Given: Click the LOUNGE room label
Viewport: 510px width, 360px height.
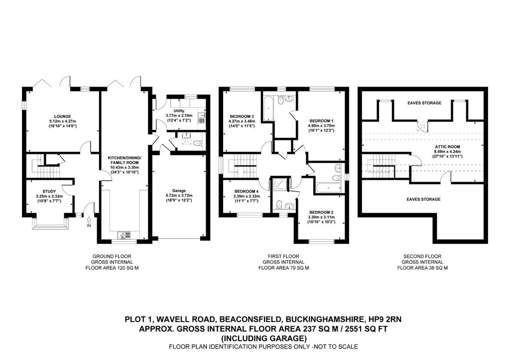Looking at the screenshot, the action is point(62,117).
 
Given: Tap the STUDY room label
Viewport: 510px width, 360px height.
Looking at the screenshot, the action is point(49,192).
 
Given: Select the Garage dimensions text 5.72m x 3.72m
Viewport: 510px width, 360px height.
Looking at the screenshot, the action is point(179,196).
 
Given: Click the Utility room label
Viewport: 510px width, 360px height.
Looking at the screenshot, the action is point(179,111).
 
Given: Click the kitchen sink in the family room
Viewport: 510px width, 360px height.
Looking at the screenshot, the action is point(124,235).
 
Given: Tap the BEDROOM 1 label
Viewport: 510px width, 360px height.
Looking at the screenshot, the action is point(321,120).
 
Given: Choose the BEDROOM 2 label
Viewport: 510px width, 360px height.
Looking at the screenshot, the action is point(321,212).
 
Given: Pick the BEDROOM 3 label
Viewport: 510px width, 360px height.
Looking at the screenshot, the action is point(242,117).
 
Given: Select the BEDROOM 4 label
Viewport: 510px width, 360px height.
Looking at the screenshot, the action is point(246,191).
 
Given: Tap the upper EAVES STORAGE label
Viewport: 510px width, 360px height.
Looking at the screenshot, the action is point(424,103).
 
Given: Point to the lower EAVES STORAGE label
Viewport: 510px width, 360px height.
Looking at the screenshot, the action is point(423,199).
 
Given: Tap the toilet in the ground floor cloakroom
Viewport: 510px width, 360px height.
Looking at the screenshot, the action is point(197,143).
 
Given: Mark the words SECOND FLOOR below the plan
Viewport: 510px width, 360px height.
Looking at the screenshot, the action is point(422,256).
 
